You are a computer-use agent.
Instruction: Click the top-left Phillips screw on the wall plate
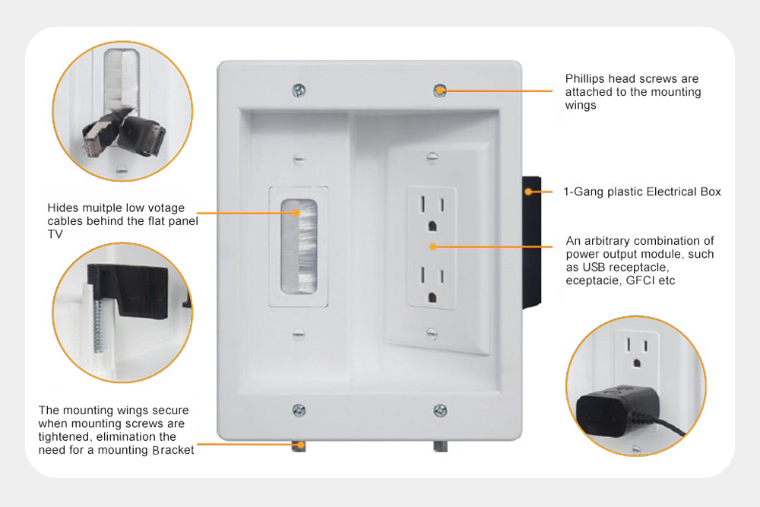pyautogui.click(x=299, y=90)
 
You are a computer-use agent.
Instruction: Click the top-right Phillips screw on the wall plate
pyautogui.click(x=439, y=90)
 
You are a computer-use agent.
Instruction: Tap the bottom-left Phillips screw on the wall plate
pyautogui.click(x=299, y=410)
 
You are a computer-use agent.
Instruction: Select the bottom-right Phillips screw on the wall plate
pyautogui.click(x=439, y=410)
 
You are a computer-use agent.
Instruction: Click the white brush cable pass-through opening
pyautogui.click(x=298, y=246)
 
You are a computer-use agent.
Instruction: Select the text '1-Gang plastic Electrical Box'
pyautogui.click(x=643, y=192)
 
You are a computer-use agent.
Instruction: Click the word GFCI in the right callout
pyautogui.click(x=642, y=280)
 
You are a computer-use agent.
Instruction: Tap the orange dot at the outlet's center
pyautogui.click(x=432, y=246)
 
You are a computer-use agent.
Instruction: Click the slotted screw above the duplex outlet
pyautogui.click(x=432, y=159)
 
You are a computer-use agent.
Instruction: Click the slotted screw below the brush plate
pyautogui.click(x=298, y=334)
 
